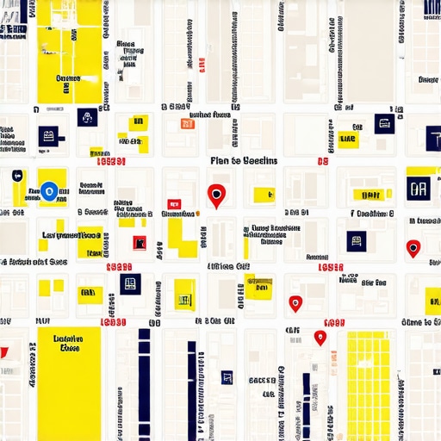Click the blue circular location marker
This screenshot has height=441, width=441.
[x=50, y=191]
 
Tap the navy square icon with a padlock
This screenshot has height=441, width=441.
[x=87, y=117]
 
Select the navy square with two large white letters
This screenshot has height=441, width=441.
[x=419, y=189]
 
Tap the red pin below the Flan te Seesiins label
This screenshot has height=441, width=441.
[x=215, y=195]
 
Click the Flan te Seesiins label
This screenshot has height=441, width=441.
[x=244, y=161]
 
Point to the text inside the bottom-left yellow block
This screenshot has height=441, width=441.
[x=66, y=344]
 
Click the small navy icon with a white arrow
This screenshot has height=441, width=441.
[x=16, y=176]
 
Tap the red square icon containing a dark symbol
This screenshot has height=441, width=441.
[x=140, y=243]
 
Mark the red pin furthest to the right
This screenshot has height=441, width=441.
[x=413, y=248]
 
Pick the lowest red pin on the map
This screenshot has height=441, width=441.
[x=320, y=338]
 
